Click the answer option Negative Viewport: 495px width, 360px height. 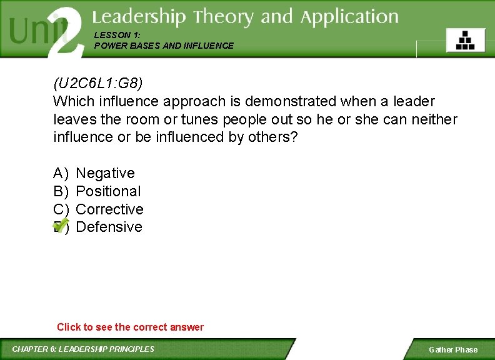click(x=105, y=173)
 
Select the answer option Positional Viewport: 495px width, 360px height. click(x=108, y=191)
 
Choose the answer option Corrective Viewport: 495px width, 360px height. click(x=109, y=209)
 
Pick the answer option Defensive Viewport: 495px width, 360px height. click(x=109, y=227)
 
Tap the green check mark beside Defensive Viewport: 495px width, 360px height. click(x=61, y=225)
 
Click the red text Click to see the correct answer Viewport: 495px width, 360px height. click(x=130, y=327)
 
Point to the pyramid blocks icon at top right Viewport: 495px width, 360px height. click(x=465, y=40)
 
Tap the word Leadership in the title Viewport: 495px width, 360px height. click(x=139, y=17)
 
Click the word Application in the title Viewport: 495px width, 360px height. click(x=349, y=17)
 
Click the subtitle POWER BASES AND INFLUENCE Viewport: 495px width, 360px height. click(x=164, y=46)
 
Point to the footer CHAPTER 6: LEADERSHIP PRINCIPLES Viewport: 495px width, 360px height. click(x=83, y=349)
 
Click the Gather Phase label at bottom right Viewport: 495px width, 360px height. click(x=452, y=349)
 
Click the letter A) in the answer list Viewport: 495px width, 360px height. click(x=61, y=173)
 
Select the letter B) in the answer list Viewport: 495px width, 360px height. click(x=61, y=191)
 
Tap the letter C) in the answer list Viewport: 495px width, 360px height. click(x=61, y=209)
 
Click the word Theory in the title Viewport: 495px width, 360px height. click(x=224, y=17)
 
